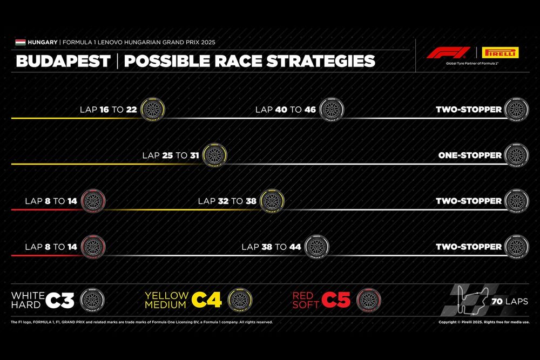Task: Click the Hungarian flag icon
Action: [x=21, y=42]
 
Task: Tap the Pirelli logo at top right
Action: [x=500, y=53]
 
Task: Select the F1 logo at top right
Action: [x=448, y=53]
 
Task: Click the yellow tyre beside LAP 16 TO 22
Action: [x=153, y=110]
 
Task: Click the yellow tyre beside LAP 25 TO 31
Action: [x=214, y=155]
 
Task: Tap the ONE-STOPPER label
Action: [x=470, y=155]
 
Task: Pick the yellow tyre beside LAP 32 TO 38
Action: [x=272, y=201]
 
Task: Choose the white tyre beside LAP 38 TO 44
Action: [x=316, y=247]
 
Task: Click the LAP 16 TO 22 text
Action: [x=109, y=110]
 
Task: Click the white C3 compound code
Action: [x=60, y=300]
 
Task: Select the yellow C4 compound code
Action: [x=207, y=300]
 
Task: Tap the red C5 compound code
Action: [x=338, y=300]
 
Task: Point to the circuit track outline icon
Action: [x=471, y=301]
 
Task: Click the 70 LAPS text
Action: [x=510, y=301]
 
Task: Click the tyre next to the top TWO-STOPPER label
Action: [x=515, y=110]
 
